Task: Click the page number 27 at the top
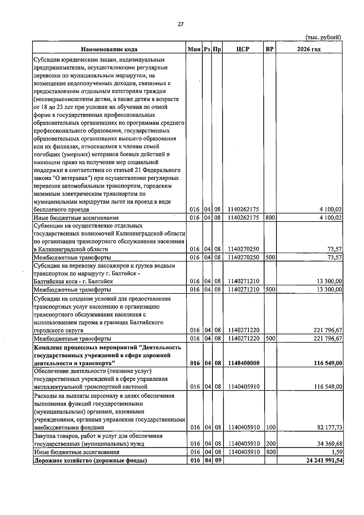(181, 25)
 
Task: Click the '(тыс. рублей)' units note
(323, 37)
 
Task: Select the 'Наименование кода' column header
(109, 49)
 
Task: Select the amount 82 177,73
(330, 428)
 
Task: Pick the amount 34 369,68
(330, 444)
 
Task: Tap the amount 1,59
(337, 452)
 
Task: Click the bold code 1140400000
(244, 363)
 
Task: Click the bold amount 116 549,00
(328, 363)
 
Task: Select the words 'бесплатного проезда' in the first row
(61, 210)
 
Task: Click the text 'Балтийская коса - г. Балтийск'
(73, 281)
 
